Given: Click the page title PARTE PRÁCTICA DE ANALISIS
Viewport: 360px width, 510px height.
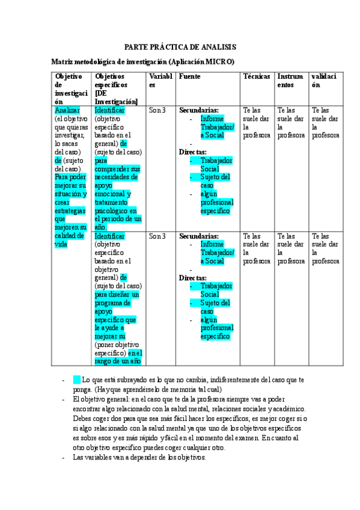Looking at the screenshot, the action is coord(180,46).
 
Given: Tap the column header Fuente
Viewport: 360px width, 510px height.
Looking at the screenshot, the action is coord(189,77).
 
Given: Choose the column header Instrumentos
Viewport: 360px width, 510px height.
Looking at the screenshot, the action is coord(290,81).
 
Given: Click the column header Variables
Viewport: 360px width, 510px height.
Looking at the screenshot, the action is coord(160,81).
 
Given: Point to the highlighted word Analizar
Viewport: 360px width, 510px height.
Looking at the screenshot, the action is coord(67,111).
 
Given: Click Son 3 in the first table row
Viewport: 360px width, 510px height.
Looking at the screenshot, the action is coord(157,111).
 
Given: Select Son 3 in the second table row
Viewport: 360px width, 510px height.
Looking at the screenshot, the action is coord(157,236).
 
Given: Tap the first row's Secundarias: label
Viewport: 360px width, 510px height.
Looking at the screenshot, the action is coord(199,111).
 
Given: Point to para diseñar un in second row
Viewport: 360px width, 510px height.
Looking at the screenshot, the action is coord(117,295).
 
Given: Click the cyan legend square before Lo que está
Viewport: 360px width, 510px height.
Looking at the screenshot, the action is coord(76,379).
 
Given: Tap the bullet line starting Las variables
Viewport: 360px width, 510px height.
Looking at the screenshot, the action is coord(139,457).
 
